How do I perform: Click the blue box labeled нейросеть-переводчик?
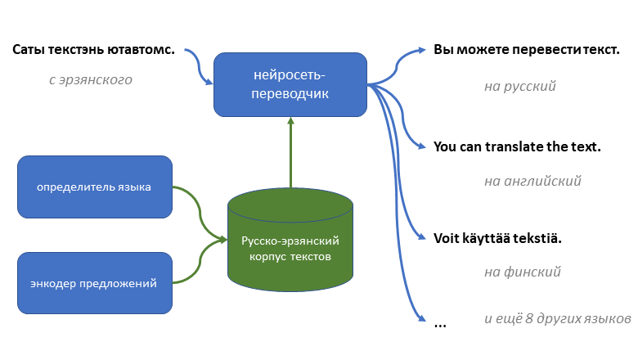pos(290,84)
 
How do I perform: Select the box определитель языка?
pos(94,187)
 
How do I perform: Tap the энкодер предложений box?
pos(95,283)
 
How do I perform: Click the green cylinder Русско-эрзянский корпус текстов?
pos(290,241)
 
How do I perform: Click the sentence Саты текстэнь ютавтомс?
pos(94,50)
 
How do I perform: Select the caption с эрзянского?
pos(90,80)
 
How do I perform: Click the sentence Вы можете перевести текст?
pos(526,50)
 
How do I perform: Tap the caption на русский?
pos(520,86)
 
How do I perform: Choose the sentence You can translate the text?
pos(517,147)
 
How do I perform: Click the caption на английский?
pos(532,182)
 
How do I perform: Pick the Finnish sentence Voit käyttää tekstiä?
pos(498,239)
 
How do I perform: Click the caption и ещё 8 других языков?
pos(556,317)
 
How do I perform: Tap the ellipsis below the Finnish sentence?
pos(440,324)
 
